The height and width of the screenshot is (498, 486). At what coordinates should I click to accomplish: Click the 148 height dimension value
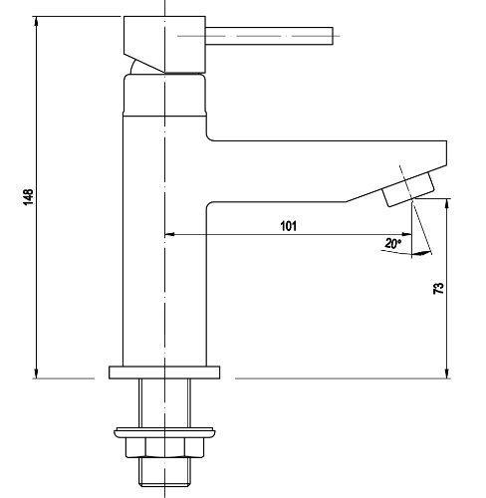point(27,198)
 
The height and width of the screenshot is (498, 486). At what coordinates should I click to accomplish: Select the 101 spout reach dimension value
point(289,226)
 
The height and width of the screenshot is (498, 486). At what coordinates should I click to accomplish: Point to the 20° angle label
point(392,243)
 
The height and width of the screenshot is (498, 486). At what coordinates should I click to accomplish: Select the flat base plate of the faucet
point(162,373)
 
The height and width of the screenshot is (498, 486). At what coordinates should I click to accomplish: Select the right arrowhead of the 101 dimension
point(409,236)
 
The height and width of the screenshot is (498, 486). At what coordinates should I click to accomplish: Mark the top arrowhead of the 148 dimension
point(37,20)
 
